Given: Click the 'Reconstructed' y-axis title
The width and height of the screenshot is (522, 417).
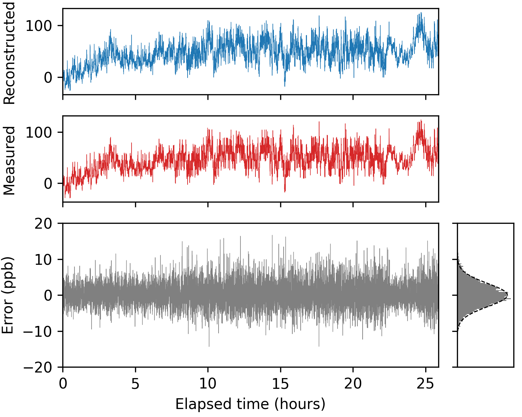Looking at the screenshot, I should click(9, 53).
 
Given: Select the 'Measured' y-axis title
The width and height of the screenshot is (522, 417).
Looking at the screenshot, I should click(9, 161).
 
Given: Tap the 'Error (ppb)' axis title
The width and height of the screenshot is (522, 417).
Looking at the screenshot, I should click(8, 295).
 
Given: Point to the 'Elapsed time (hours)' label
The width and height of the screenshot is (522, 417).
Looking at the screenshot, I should click(250, 404).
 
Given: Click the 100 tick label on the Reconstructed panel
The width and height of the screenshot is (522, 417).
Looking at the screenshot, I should click(39, 26).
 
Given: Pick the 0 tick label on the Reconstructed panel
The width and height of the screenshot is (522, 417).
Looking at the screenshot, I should click(48, 77).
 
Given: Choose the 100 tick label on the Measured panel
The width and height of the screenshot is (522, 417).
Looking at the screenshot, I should click(39, 132).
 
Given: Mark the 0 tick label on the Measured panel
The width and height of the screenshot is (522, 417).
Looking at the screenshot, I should click(48, 184).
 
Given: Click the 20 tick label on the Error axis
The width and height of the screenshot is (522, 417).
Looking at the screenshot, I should click(43, 223).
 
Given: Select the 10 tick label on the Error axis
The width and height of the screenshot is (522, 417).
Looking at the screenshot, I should click(43, 260).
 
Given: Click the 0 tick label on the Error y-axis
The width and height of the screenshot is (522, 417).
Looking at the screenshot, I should click(48, 295).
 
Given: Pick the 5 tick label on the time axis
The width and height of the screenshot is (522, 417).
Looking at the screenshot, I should click(135, 384).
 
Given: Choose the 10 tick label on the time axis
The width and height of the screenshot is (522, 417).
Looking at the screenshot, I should click(208, 384).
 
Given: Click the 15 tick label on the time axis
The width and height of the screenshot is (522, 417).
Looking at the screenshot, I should click(280, 384).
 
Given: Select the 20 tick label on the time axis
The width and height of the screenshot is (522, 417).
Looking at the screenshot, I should click(353, 384).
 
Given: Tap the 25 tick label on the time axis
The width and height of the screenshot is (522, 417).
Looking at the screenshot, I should click(426, 384).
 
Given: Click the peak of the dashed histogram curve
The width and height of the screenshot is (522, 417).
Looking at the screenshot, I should click(508, 295).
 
